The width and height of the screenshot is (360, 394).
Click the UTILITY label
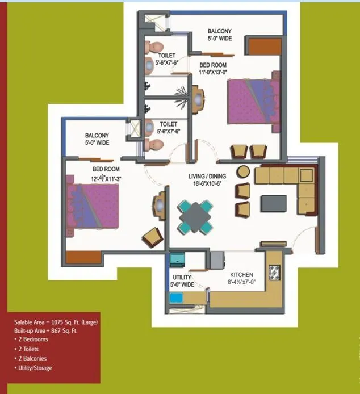(x=182, y=277)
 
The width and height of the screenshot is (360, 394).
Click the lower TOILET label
(x=168, y=124)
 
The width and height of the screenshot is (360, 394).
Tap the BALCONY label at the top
(x=219, y=31)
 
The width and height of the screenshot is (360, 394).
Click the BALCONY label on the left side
(x=97, y=136)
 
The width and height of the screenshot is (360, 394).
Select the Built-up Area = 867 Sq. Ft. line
(x=47, y=330)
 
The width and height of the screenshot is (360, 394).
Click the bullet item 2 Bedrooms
(x=33, y=339)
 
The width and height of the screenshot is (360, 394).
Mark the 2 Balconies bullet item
(x=33, y=358)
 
